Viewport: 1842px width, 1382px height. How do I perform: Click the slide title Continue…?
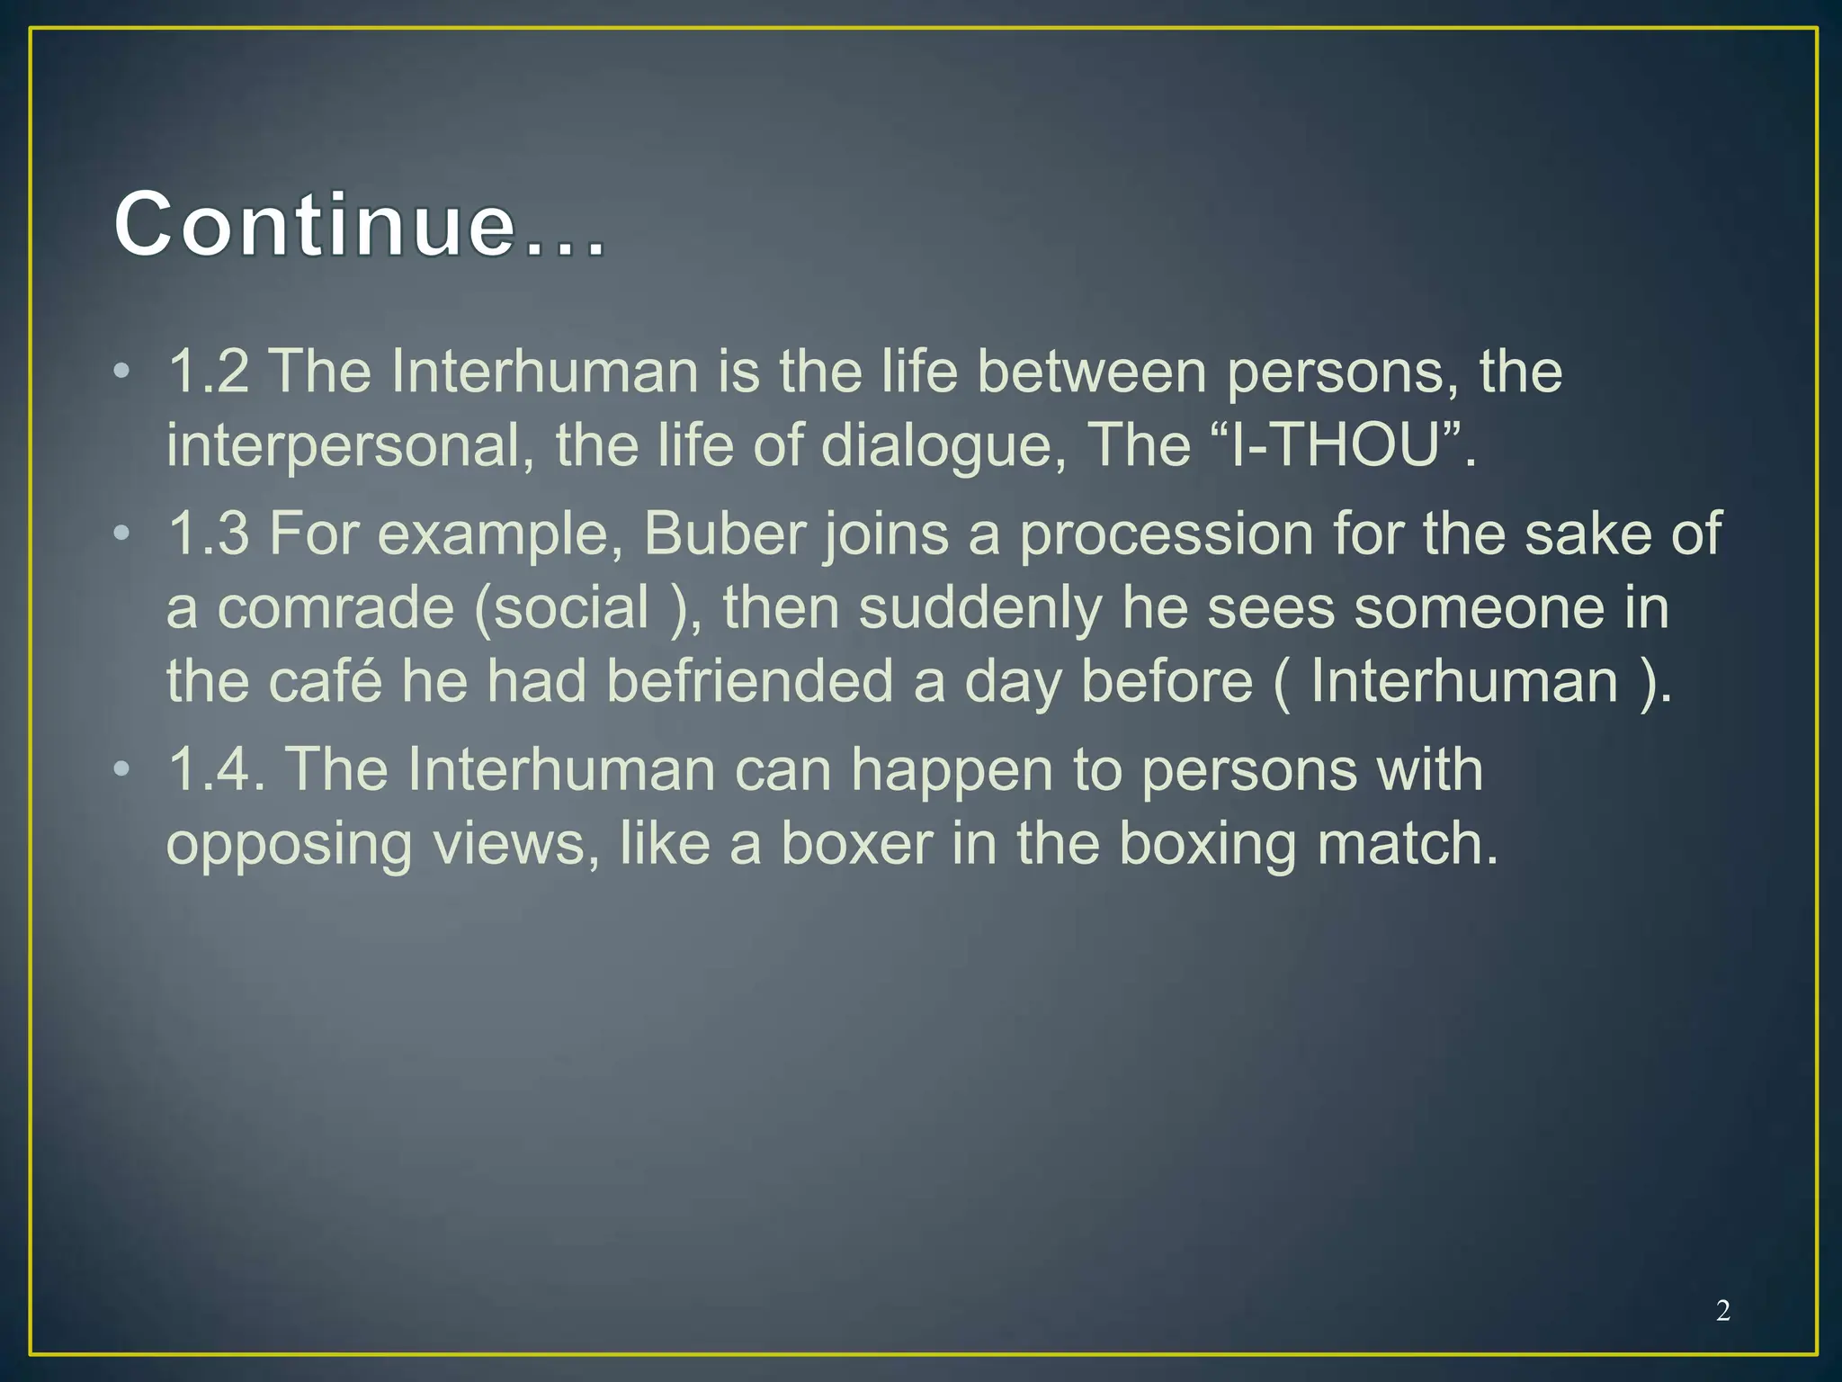(x=360, y=225)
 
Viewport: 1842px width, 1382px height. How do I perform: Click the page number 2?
(x=1722, y=1311)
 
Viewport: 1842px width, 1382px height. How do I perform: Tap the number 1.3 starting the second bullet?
(x=208, y=534)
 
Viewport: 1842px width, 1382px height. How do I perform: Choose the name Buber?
(x=724, y=534)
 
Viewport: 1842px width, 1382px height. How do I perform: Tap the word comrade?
(x=336, y=608)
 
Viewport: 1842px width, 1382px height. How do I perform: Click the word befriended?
(x=750, y=681)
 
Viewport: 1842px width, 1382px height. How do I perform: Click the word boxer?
(x=856, y=844)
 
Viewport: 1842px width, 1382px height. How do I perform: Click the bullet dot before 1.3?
(x=122, y=534)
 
